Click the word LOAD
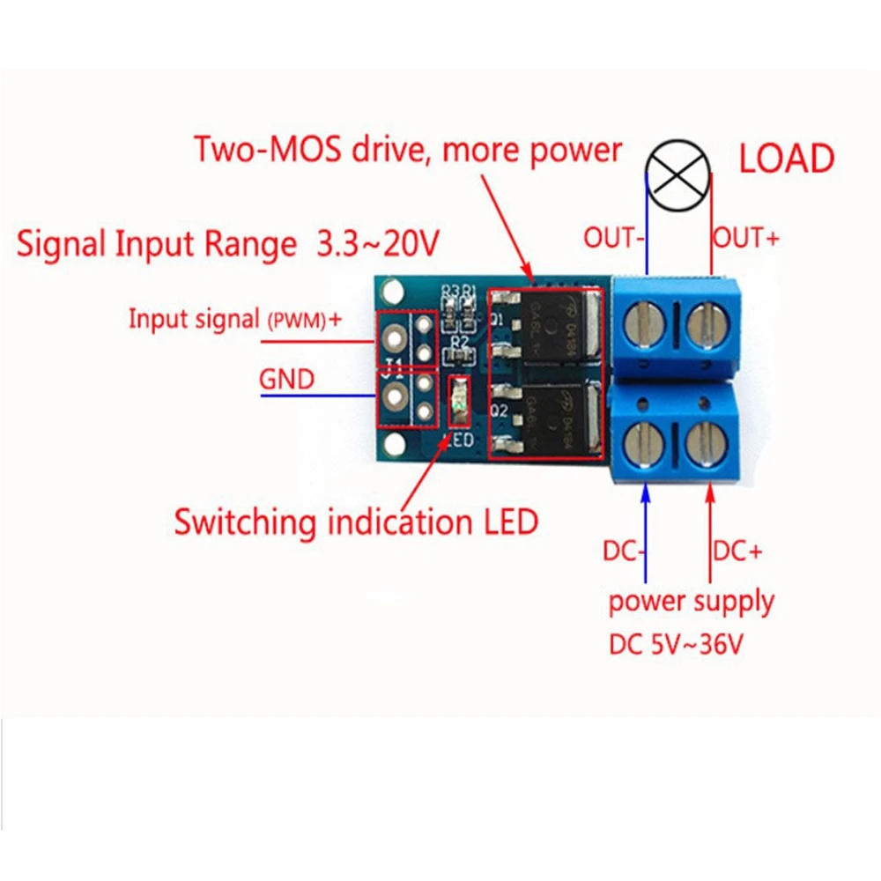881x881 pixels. pos(786,159)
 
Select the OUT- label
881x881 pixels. pos(614,238)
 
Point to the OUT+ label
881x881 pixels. pos(745,238)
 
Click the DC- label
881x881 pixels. pos(625,552)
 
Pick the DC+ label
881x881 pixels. pos(737,552)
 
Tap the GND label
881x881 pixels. pos(286,380)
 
